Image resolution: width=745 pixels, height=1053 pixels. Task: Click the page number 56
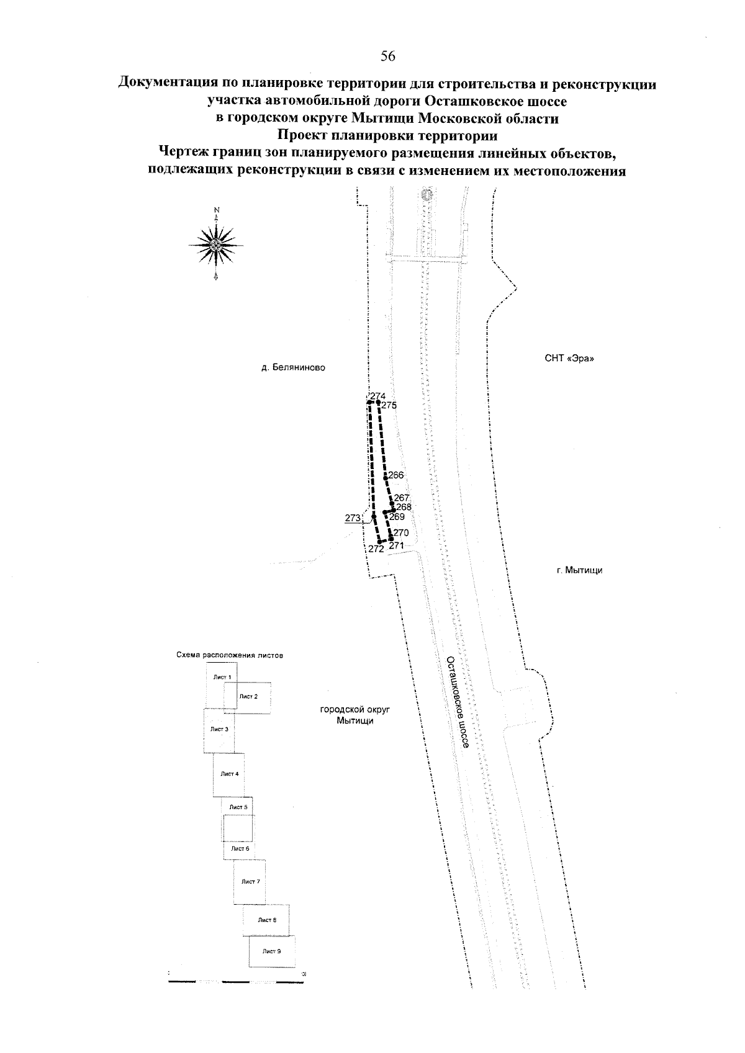388,56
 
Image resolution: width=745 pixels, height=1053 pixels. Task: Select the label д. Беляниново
293,367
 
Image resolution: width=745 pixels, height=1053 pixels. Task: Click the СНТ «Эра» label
569,359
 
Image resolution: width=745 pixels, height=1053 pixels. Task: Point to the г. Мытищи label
580,570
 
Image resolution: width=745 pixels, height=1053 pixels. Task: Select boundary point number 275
389,405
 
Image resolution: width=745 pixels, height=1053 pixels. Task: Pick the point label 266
395,475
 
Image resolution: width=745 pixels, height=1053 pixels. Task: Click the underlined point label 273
353,518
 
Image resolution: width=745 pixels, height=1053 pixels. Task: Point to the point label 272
376,549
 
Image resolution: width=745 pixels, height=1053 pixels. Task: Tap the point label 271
397,546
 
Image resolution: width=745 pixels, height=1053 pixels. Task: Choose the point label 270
400,532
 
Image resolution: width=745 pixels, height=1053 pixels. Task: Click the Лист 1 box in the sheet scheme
222,677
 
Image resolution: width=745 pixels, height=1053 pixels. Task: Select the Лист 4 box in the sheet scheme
229,774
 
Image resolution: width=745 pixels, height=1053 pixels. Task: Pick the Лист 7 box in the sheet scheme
250,881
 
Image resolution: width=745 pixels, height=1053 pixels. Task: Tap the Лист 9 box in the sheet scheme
271,951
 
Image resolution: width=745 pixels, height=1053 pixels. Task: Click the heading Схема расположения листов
230,655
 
